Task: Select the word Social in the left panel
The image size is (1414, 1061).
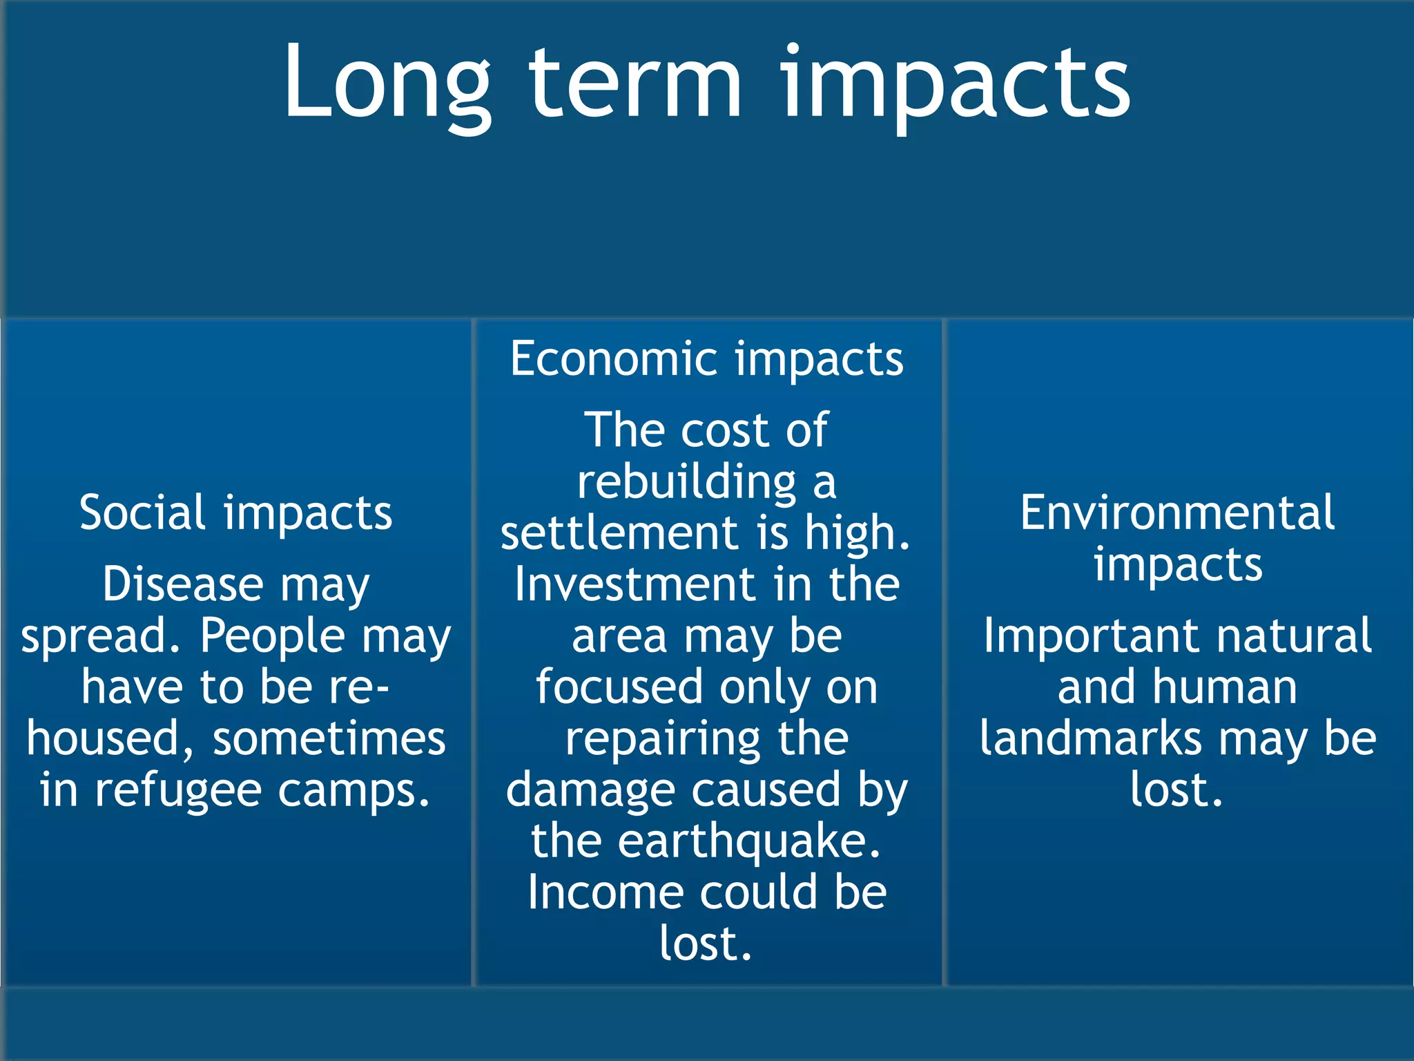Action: (x=142, y=513)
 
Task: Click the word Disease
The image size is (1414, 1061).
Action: (x=183, y=584)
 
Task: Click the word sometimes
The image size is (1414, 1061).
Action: (x=329, y=738)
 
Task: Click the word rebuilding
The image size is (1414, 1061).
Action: (x=687, y=481)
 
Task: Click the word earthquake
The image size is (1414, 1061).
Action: (x=749, y=841)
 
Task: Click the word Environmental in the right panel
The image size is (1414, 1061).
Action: (x=1177, y=513)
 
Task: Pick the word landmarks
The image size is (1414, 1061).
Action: (x=1091, y=738)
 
